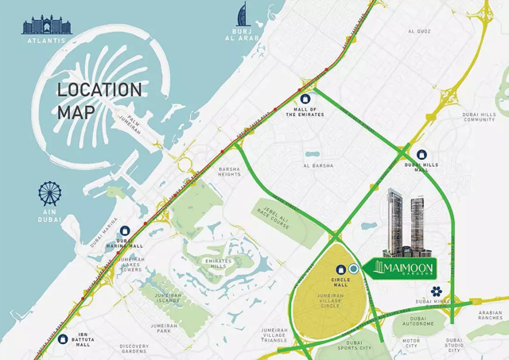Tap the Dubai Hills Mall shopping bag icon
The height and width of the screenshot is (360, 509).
coord(421,156)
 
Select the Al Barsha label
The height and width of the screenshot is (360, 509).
coord(317,166)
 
